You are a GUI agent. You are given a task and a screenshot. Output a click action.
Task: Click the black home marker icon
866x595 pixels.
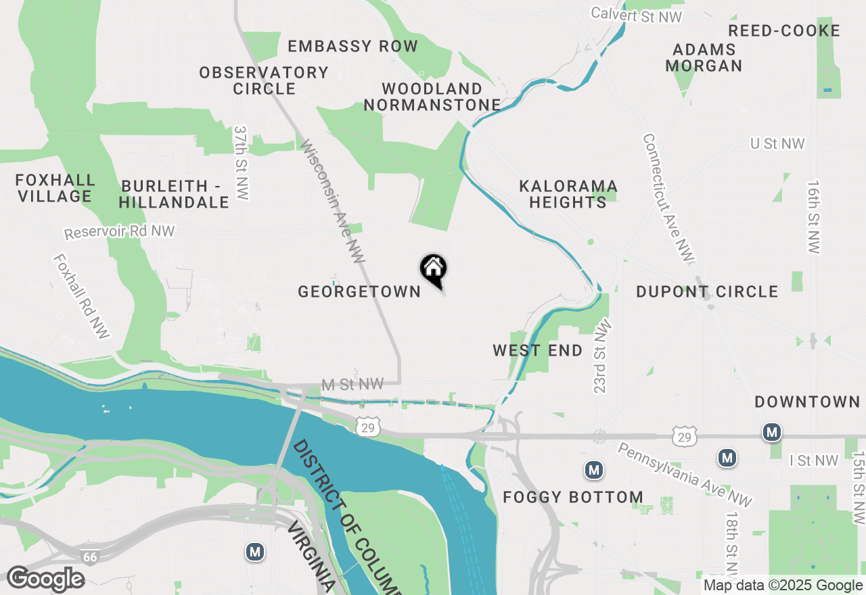pyautogui.click(x=434, y=269)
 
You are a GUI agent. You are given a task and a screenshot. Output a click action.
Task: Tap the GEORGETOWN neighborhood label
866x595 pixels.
pyautogui.click(x=359, y=291)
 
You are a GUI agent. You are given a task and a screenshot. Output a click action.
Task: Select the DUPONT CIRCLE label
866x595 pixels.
pyautogui.click(x=707, y=291)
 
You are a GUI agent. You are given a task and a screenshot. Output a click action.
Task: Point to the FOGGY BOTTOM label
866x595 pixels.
pyautogui.click(x=573, y=498)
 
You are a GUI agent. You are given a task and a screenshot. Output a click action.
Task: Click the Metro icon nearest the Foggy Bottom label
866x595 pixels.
pyautogui.click(x=593, y=469)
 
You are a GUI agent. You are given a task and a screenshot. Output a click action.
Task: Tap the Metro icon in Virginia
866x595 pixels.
pyautogui.click(x=254, y=552)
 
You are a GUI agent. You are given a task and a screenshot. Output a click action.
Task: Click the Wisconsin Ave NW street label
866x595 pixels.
pyautogui.click(x=332, y=201)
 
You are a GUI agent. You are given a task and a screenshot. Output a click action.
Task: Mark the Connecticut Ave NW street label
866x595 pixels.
pyautogui.click(x=668, y=197)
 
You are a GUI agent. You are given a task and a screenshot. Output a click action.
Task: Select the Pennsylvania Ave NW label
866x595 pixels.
pyautogui.click(x=685, y=475)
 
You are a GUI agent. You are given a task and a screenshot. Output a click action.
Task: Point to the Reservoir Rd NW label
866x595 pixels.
pyautogui.click(x=120, y=232)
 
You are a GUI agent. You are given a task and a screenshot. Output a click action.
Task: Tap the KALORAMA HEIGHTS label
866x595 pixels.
pyautogui.click(x=568, y=194)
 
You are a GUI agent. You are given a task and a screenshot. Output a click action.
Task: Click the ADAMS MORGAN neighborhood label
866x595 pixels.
pyautogui.click(x=704, y=57)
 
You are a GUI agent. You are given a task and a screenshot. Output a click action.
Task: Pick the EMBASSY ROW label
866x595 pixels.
pyautogui.click(x=352, y=46)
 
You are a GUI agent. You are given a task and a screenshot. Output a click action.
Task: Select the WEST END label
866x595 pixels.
pyautogui.click(x=537, y=350)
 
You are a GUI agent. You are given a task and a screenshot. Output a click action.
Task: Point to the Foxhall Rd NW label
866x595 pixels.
pyautogui.click(x=81, y=296)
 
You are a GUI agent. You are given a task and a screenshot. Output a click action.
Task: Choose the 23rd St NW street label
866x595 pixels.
pyautogui.click(x=601, y=356)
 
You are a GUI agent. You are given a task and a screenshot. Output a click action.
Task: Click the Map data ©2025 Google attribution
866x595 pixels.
pyautogui.click(x=783, y=586)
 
